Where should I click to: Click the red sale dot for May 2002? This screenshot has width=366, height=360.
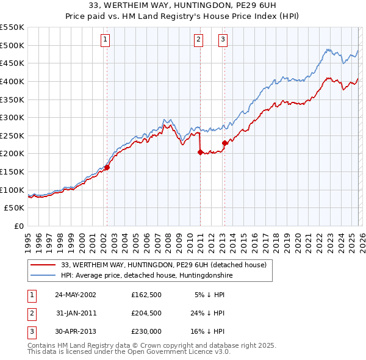pyautogui.click(x=107, y=167)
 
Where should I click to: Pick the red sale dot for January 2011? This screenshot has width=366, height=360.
pyautogui.click(x=200, y=153)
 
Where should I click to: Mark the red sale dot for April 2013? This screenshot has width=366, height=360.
pyautogui.click(x=224, y=143)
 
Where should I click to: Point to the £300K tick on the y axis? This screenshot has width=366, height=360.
pyautogui.click(x=12, y=117)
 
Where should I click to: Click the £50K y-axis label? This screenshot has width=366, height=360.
pyautogui.click(x=14, y=207)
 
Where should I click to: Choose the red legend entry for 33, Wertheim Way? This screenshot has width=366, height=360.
pyautogui.click(x=163, y=265)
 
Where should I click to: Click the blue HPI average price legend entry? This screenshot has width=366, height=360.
pyautogui.click(x=146, y=276)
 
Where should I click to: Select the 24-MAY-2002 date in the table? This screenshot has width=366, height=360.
pyautogui.click(x=75, y=295)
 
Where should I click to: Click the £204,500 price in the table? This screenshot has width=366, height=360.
pyautogui.click(x=146, y=313)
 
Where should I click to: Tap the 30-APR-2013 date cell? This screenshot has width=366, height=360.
pyautogui.click(x=75, y=331)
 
